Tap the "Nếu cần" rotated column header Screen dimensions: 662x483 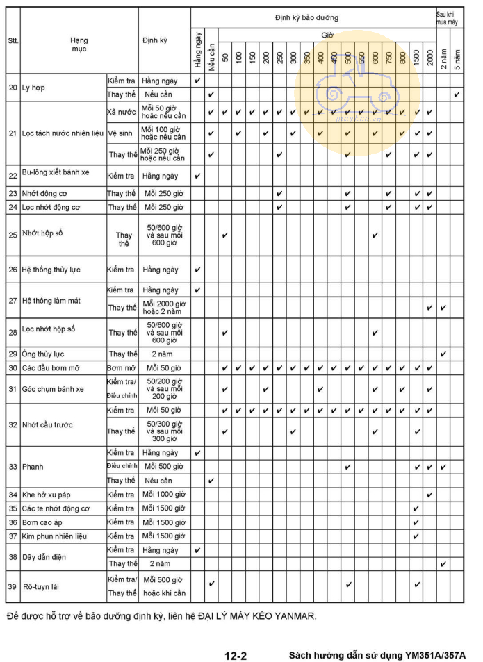(x=211, y=53)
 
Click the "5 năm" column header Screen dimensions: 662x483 (x=457, y=55)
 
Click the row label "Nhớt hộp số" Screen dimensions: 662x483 (x=42, y=233)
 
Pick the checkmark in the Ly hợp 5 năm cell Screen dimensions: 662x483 (x=457, y=94)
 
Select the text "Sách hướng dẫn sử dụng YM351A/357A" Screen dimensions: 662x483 (x=377, y=654)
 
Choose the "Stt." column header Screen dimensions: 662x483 (x=13, y=41)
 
